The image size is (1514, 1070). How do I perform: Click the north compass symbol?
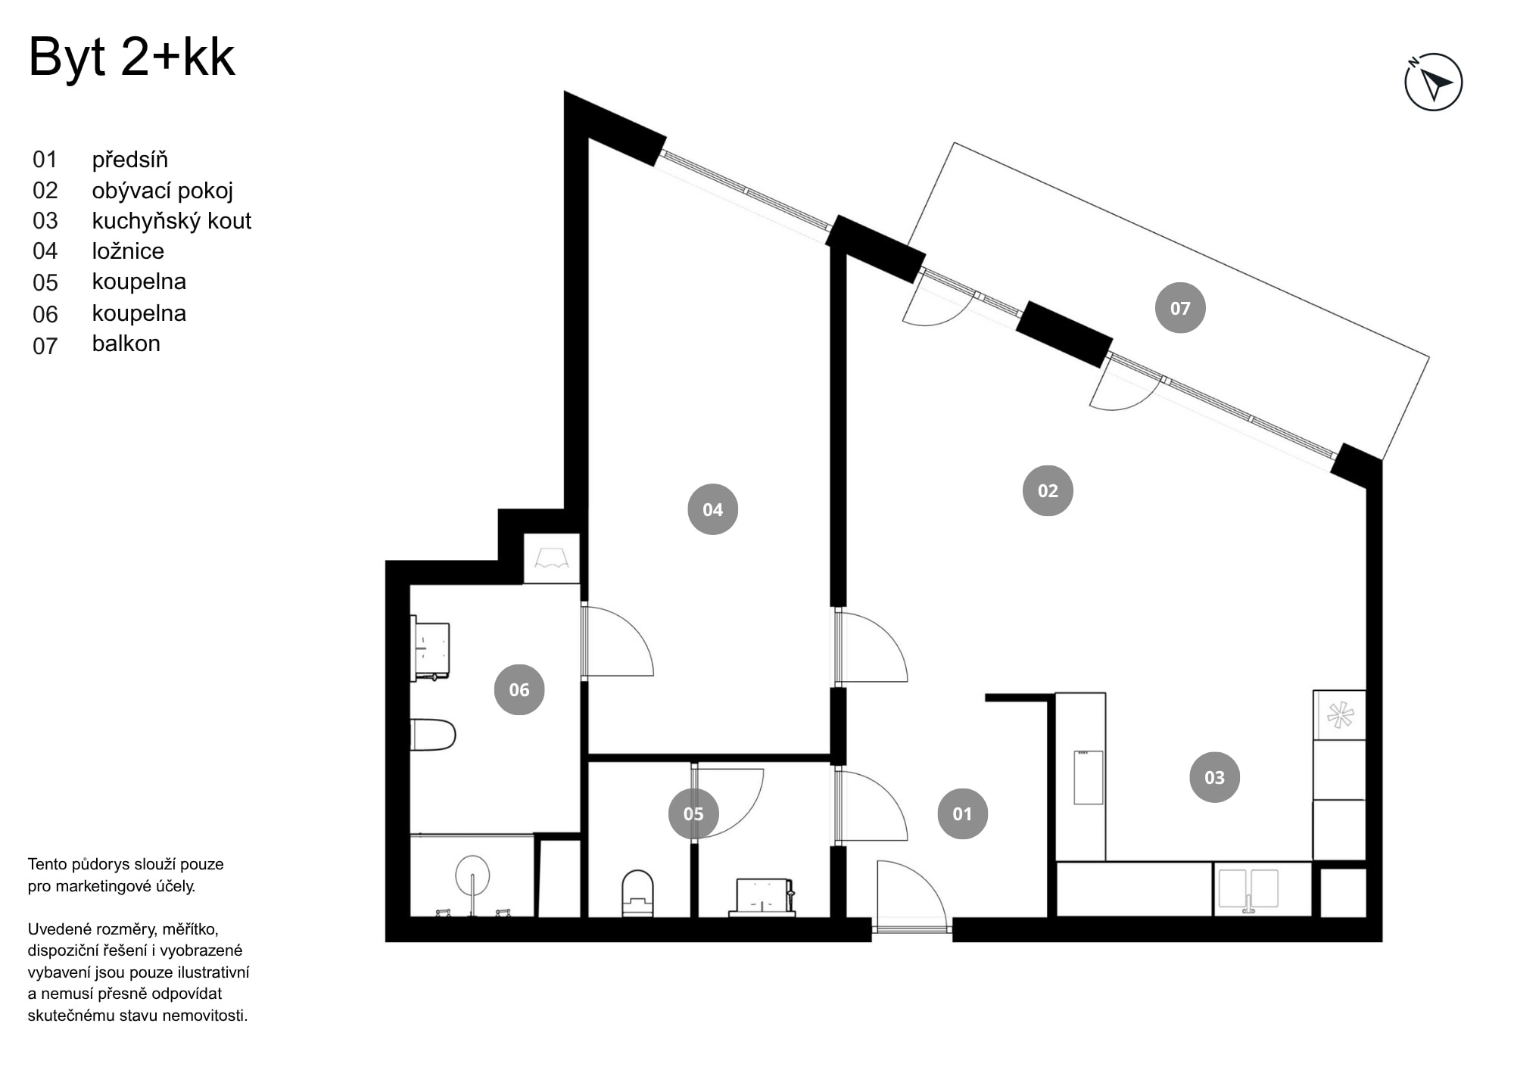[x=1433, y=82]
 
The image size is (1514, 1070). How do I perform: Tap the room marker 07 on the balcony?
[x=1180, y=308]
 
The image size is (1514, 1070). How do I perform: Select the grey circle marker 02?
[x=1048, y=491]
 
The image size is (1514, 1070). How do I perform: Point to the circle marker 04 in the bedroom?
[x=712, y=509]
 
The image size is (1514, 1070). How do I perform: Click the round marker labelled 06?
[x=519, y=689]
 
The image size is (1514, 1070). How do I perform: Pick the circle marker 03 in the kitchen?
[x=1214, y=777]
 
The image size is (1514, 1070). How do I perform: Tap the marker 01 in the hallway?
[x=962, y=813]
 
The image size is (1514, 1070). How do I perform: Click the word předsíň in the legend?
[x=130, y=160]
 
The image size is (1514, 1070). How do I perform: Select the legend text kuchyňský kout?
[x=171, y=221]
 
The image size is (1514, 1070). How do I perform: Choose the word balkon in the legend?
[x=126, y=344]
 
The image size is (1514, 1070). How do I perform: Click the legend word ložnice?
[x=128, y=251]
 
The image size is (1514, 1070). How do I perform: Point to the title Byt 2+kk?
[x=132, y=58]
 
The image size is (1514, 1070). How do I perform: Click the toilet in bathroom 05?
[x=637, y=893]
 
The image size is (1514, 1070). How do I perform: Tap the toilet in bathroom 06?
[x=434, y=735]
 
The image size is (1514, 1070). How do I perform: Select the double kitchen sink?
[x=1248, y=889]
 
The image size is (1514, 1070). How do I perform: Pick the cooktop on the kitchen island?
[x=1089, y=777]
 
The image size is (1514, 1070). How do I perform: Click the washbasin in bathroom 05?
[x=763, y=896]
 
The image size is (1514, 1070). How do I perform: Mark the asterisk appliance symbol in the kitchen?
[x=1339, y=715]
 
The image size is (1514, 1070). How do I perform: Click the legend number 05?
[x=45, y=283]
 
